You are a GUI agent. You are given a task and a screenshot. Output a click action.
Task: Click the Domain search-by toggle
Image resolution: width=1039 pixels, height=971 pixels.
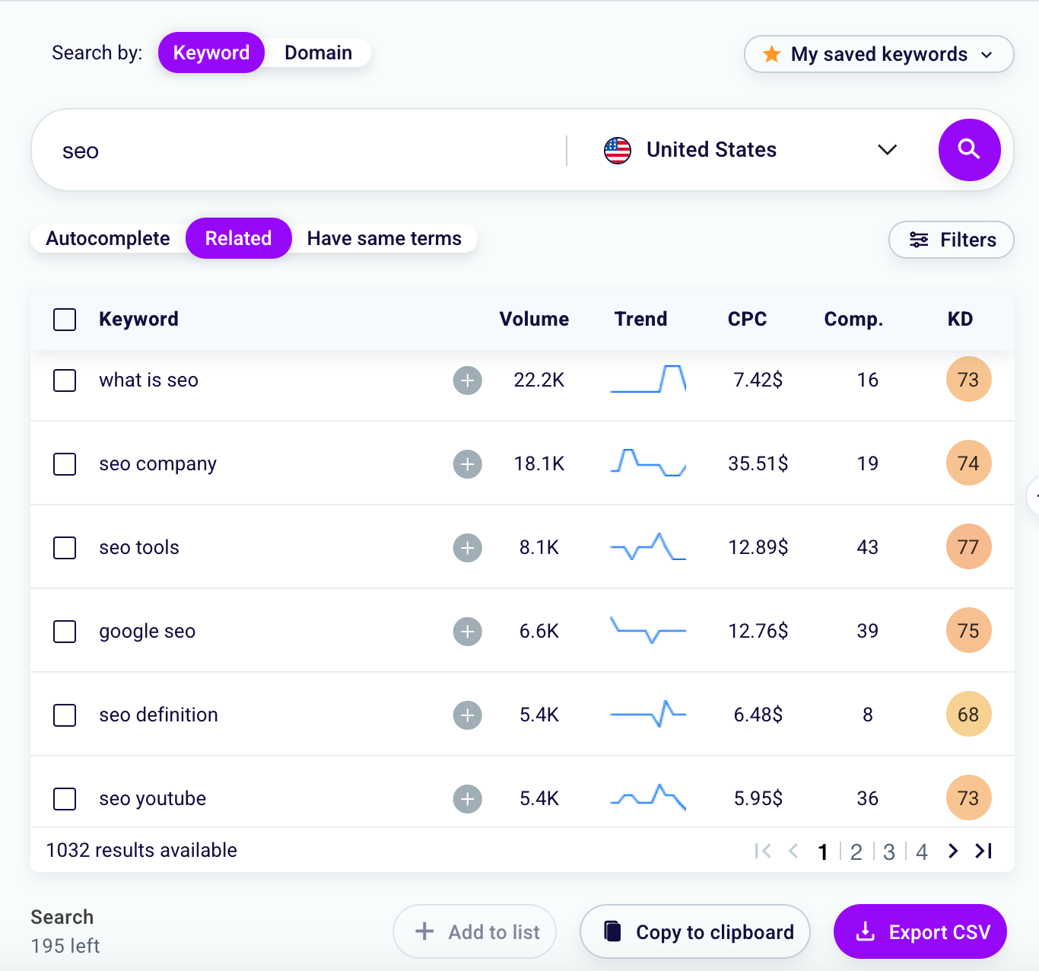[x=318, y=53]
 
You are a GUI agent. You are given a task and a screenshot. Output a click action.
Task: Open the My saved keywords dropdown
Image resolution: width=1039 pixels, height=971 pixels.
[x=879, y=55]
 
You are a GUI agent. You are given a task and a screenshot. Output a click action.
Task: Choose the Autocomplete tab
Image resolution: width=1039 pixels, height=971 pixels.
[x=108, y=239]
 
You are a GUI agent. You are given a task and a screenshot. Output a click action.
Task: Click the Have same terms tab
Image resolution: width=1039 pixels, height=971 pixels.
[x=384, y=239]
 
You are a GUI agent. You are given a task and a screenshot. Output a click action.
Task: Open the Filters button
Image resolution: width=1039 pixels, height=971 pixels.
[x=952, y=240]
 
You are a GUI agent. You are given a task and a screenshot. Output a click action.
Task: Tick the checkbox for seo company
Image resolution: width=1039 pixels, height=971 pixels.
[x=65, y=464]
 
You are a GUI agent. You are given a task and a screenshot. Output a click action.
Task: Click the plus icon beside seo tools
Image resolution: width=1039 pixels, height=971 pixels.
[x=468, y=548]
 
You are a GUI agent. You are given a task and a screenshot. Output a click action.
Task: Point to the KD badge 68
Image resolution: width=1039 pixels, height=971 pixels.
[x=968, y=715]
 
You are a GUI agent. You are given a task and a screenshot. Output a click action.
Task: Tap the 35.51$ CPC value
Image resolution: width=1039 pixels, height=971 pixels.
[x=758, y=464]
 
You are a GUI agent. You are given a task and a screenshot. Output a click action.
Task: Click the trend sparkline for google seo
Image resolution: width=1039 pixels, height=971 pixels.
[x=648, y=632]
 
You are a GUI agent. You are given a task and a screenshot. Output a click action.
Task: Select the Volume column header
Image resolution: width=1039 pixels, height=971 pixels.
[x=534, y=320]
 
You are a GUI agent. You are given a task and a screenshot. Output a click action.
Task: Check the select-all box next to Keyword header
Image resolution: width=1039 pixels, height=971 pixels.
[x=65, y=320]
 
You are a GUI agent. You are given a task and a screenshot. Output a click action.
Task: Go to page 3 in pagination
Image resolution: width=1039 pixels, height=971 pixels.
[x=889, y=852]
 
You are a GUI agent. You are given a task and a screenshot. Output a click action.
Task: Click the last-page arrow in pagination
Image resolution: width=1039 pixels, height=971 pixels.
[x=983, y=851]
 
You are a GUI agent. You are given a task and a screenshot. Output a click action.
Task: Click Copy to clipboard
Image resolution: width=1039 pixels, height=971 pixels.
[x=695, y=932]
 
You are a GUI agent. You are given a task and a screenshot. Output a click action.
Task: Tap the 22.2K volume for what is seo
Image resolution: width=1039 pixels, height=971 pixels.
[x=539, y=380]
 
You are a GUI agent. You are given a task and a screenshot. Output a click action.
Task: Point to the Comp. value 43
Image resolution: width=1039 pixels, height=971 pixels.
[x=867, y=548]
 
